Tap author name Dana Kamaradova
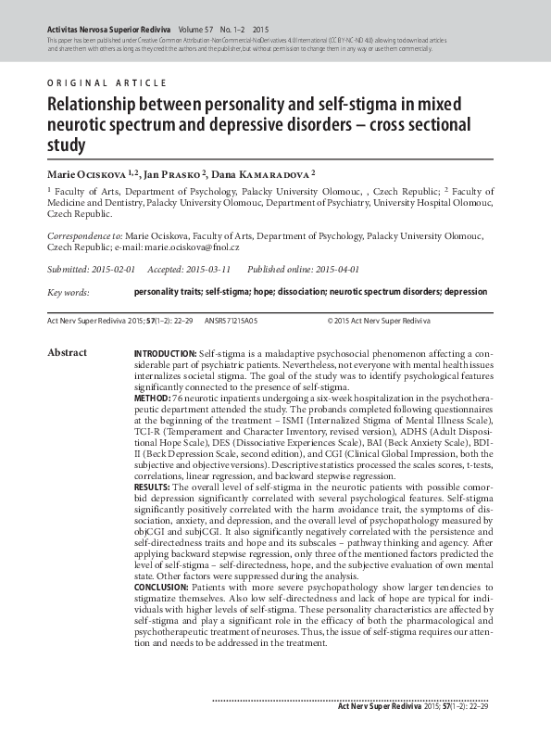coord(269,173)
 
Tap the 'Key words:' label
coord(68,293)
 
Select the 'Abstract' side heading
coord(67,353)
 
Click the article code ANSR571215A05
coord(231,320)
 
